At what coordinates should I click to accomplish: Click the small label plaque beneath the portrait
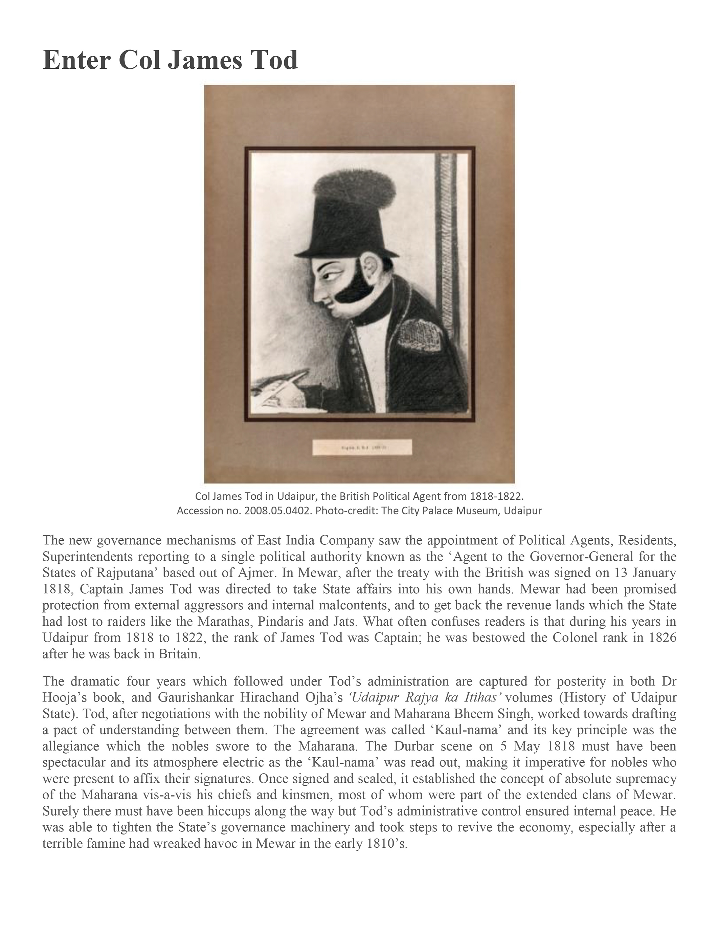point(362,447)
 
